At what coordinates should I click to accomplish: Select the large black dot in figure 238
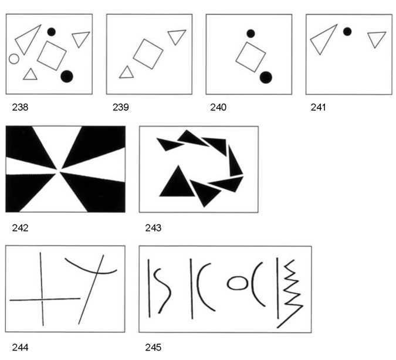click(67, 76)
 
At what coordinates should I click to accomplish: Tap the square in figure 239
click(148, 54)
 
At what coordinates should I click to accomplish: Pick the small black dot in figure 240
click(251, 33)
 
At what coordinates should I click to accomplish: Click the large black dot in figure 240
click(266, 77)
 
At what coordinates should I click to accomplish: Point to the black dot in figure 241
click(347, 32)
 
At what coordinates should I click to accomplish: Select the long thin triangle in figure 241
click(323, 40)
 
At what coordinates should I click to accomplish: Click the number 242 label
click(20, 227)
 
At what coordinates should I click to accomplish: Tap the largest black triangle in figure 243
click(178, 183)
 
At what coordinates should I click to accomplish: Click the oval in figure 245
click(237, 283)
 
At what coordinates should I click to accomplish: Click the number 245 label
click(153, 347)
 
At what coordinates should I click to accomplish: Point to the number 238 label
click(20, 107)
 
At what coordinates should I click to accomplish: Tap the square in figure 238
click(52, 56)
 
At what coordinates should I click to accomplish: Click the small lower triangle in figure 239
click(127, 73)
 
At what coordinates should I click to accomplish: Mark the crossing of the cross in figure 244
click(42, 300)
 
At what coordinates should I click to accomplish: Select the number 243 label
click(153, 227)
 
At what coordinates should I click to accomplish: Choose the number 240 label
click(218, 107)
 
